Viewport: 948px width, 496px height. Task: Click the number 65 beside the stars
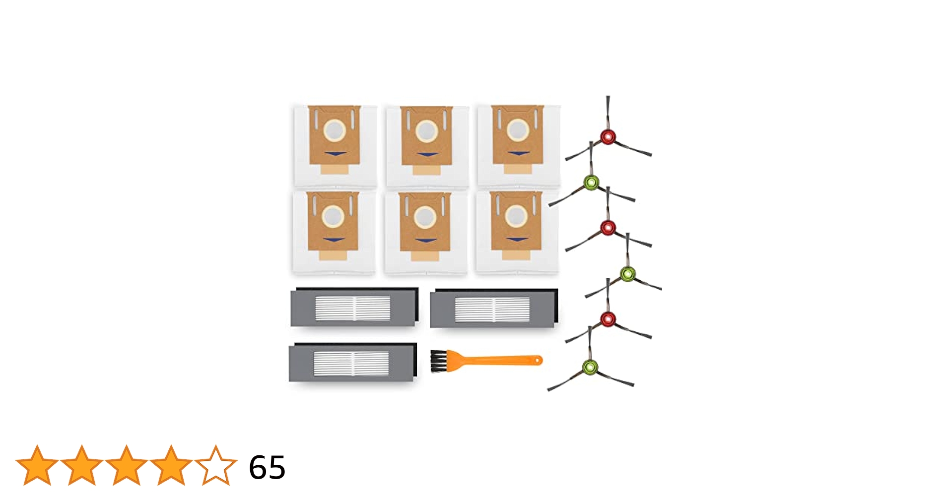point(267,467)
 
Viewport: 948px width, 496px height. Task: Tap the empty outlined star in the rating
point(216,465)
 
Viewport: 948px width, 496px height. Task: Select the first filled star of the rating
point(37,465)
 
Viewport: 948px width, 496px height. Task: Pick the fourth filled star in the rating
point(171,465)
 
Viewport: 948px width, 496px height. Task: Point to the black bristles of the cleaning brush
point(438,361)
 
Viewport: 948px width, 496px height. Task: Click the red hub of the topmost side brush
point(608,136)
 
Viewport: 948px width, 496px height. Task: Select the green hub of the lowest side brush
point(590,368)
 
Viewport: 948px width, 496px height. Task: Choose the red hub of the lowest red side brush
point(608,319)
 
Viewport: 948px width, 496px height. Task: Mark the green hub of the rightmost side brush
point(628,273)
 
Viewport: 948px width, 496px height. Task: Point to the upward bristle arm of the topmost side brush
point(608,112)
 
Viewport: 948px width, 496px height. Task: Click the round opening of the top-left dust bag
point(335,130)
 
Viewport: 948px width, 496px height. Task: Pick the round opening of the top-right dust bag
point(518,130)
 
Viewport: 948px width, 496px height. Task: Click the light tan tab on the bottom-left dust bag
point(333,255)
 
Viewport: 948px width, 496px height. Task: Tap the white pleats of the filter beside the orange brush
point(351,363)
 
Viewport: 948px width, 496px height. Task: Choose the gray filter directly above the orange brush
point(494,309)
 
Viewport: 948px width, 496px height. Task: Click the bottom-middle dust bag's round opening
point(425,217)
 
